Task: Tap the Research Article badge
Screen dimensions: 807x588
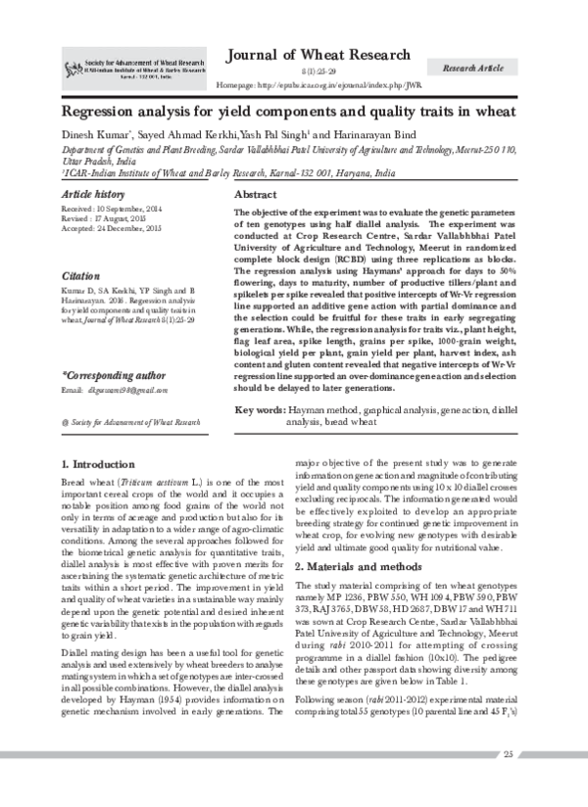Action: (x=473, y=68)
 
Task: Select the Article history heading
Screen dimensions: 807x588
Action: (x=93, y=195)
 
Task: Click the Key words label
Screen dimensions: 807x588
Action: (x=261, y=405)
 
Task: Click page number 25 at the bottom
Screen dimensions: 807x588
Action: (x=508, y=780)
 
